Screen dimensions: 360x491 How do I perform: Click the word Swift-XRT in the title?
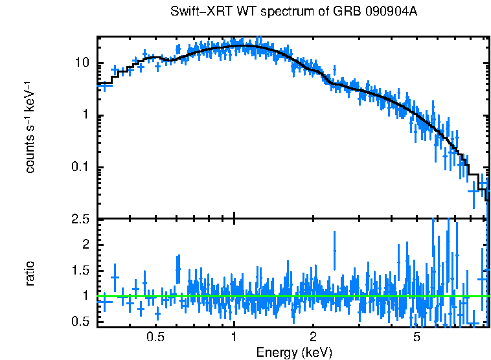pos(194,12)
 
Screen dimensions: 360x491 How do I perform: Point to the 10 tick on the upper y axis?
pos(83,63)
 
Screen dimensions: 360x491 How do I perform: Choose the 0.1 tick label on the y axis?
pos(82,168)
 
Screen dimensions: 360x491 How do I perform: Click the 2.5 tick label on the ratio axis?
pos(82,220)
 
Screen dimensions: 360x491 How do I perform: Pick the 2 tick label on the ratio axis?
pos(87,244)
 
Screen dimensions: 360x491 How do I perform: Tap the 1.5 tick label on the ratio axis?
pos(82,270)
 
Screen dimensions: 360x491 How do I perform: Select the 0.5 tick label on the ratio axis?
pos(82,322)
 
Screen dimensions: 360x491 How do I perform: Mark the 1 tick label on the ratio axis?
pos(87,296)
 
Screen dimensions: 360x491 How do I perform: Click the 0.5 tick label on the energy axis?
pos(155,337)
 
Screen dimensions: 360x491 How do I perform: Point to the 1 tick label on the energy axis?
pos(234,337)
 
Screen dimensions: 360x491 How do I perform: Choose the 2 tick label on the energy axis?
pos(313,337)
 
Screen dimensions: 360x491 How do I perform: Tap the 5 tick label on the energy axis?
pos(417,337)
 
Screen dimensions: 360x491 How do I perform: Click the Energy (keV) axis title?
pos(294,352)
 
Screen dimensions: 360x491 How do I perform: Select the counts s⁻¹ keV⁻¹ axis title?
pos(30,127)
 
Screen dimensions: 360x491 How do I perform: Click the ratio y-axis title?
pos(30,273)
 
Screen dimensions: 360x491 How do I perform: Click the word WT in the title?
pos(230,12)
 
